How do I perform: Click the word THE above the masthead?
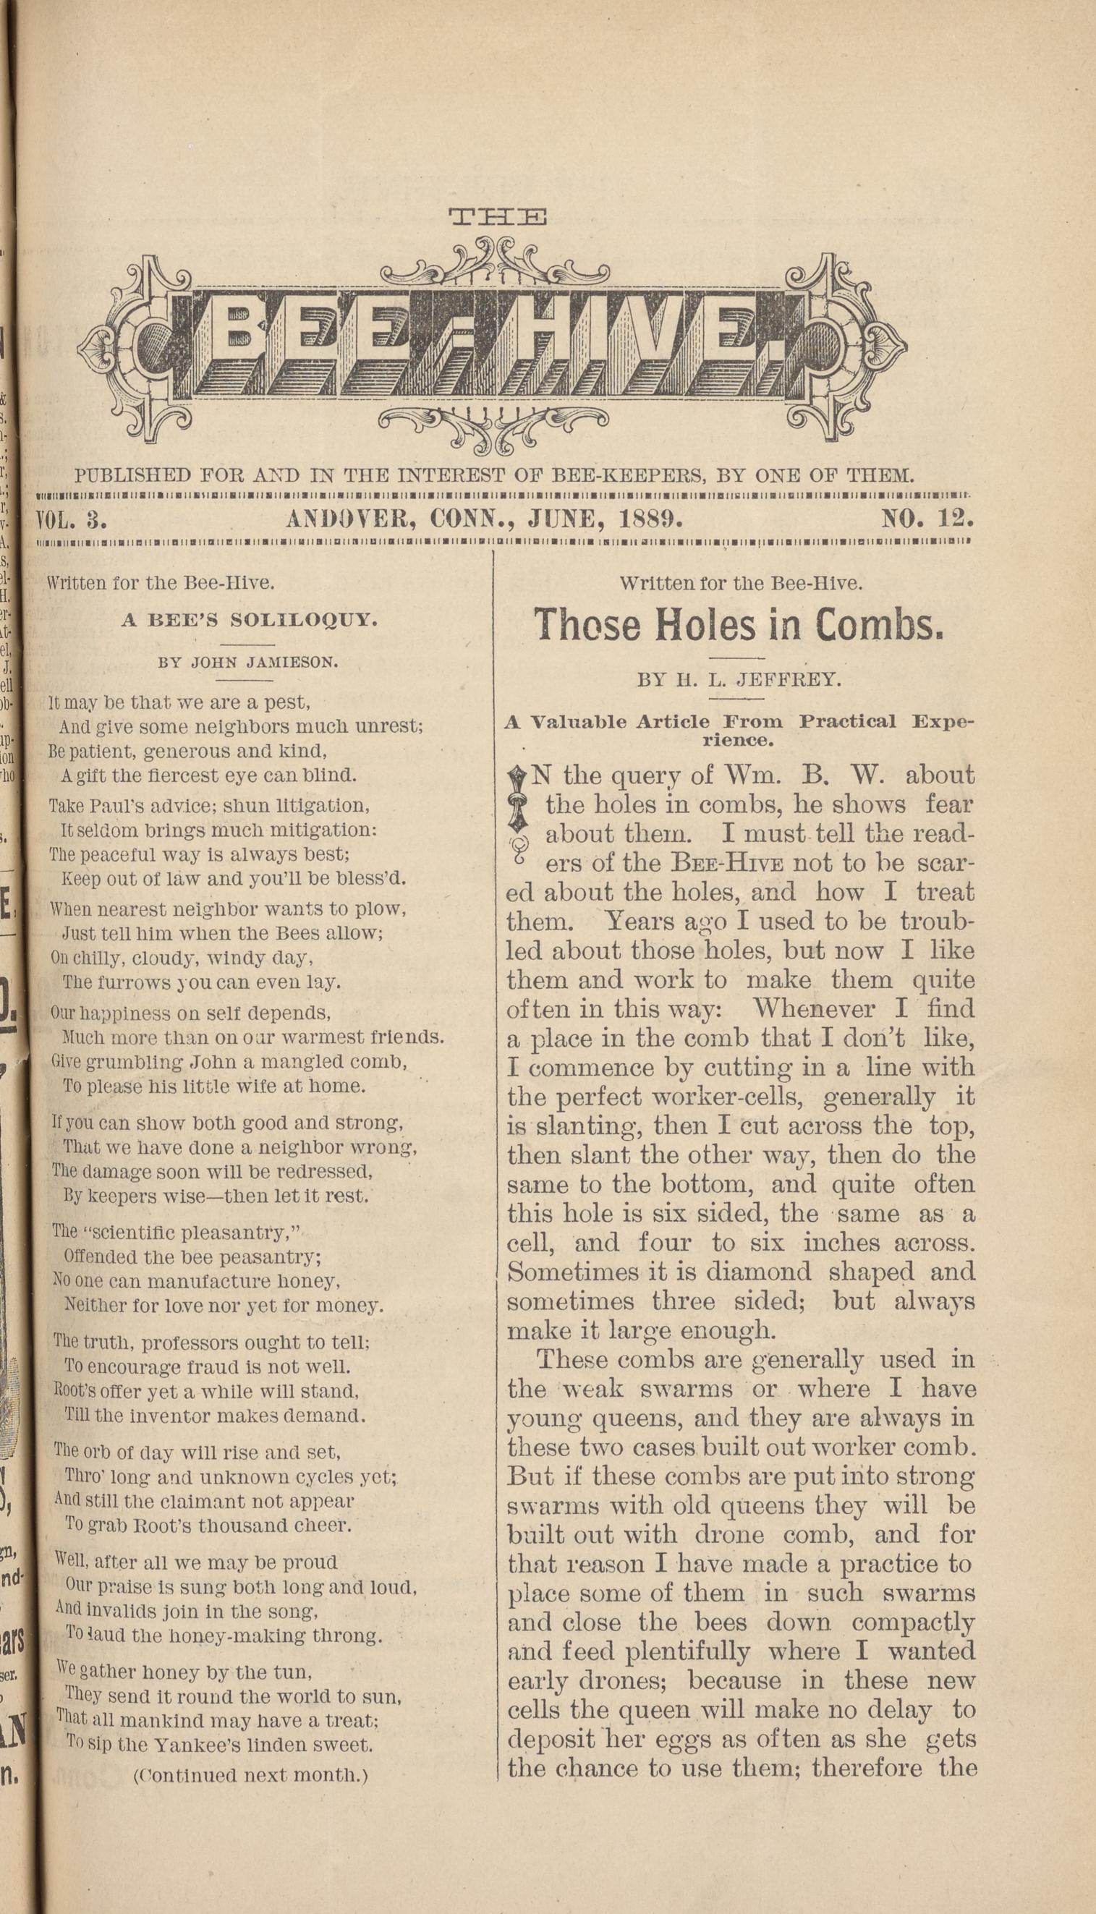pos(498,218)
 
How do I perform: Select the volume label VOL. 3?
pos(73,519)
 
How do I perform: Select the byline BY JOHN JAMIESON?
pos(248,663)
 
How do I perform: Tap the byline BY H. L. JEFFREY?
pos(739,680)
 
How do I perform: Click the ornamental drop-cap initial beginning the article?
pos(518,814)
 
